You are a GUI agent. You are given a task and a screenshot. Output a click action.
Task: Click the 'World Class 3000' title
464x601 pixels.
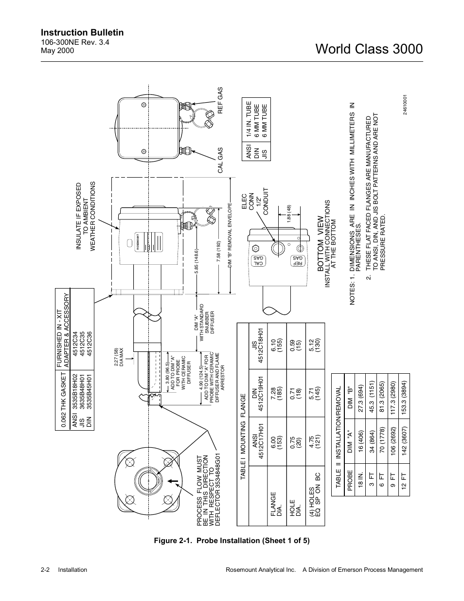coord(369,49)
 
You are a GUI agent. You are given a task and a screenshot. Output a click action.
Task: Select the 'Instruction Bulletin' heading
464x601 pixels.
coord(82,33)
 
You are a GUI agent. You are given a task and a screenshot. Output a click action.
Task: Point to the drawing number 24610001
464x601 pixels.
coord(405,106)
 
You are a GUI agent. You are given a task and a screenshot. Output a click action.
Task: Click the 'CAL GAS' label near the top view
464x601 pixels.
coord(220,161)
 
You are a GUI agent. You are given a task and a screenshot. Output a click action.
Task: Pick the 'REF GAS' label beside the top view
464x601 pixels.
coord(220,101)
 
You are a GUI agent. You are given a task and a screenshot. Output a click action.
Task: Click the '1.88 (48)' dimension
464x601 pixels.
coord(288,216)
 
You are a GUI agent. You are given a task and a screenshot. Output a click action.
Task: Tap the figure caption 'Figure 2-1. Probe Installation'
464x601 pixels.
coord(232,541)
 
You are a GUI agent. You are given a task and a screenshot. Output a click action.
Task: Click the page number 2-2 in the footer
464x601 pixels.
coord(48,570)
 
